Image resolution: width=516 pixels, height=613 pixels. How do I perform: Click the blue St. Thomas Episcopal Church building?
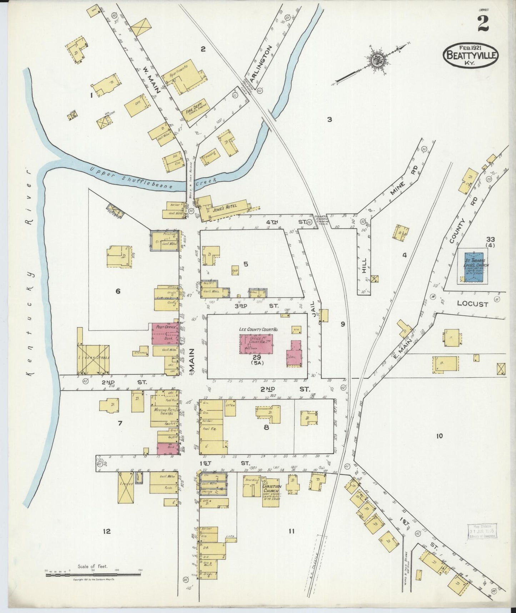474,268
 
